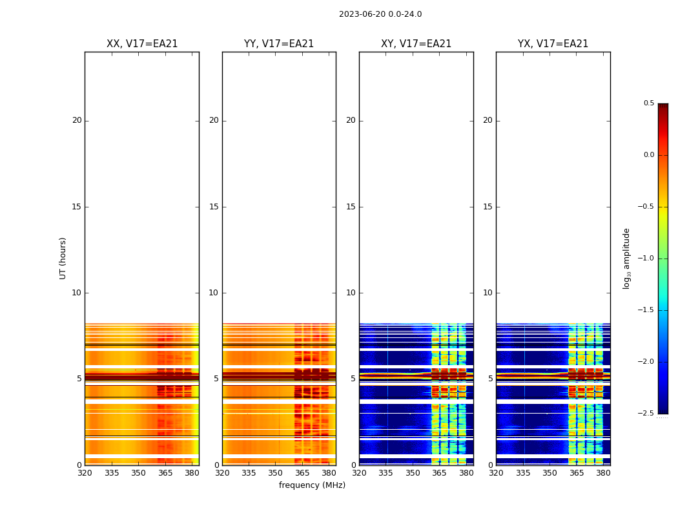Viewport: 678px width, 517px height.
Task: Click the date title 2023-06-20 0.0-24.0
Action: pos(380,14)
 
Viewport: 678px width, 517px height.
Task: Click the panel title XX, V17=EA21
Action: pos(142,44)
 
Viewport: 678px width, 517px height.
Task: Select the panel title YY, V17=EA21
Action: pos(279,44)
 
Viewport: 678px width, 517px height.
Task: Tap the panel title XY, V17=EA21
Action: pos(416,44)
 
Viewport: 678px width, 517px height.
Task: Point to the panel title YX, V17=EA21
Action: pos(553,44)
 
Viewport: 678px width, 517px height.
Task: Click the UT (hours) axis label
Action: pos(63,258)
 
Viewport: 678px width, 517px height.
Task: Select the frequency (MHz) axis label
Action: pos(312,485)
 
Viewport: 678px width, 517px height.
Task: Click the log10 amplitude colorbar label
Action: pos(626,258)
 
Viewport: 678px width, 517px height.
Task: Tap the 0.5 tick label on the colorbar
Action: pos(648,103)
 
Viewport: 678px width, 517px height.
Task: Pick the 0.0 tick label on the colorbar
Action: pos(648,155)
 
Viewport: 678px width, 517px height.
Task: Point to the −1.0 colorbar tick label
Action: pos(647,258)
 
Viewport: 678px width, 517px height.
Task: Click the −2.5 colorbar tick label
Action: pos(647,414)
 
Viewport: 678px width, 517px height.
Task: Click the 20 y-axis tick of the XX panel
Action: pos(77,120)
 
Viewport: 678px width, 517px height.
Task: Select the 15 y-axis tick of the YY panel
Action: pos(214,207)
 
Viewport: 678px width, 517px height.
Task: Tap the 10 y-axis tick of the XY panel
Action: pos(351,293)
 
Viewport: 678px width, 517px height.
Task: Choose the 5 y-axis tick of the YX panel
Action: pos(490,379)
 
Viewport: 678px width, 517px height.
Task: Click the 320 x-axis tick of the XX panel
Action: pos(85,473)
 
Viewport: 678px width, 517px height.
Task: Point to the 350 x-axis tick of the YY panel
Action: pos(275,473)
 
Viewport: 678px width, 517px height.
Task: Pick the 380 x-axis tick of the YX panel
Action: pos(603,473)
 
